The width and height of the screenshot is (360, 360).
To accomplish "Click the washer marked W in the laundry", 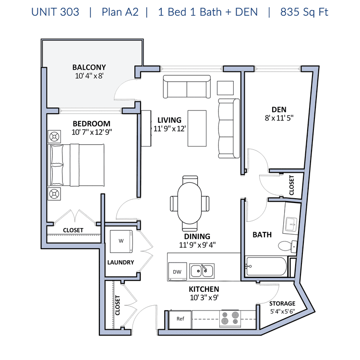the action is tap(121, 241).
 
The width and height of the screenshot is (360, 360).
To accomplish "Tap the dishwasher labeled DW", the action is tap(178, 271).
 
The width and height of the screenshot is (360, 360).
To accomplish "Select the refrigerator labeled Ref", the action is tap(180, 319).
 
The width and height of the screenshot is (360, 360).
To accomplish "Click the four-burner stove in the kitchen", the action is tap(230, 318).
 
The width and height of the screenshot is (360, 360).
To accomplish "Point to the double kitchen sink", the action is tap(202, 270).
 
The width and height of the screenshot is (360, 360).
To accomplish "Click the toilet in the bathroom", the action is tap(288, 246).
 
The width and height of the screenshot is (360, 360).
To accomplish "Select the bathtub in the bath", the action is tap(266, 266).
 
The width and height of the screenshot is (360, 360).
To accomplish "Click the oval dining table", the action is tap(190, 203).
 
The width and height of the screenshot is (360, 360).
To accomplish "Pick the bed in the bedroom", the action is tap(76, 165).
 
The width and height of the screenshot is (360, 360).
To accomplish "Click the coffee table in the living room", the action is tap(197, 128).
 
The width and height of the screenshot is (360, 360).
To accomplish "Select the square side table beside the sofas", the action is tap(225, 88).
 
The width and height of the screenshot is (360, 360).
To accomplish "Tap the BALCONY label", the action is tap(89, 67).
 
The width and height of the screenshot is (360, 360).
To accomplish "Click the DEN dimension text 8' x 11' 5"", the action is tap(279, 118).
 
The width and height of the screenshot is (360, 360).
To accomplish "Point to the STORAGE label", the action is tap(282, 303).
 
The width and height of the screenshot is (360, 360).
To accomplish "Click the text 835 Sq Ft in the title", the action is tap(304, 12).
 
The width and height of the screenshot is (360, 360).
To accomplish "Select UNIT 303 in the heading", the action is tap(55, 12).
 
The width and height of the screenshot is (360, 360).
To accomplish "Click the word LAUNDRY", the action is tap(120, 262).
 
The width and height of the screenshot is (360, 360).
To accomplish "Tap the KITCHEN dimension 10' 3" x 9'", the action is tap(204, 298).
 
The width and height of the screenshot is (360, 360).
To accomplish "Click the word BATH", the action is tap(262, 235).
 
